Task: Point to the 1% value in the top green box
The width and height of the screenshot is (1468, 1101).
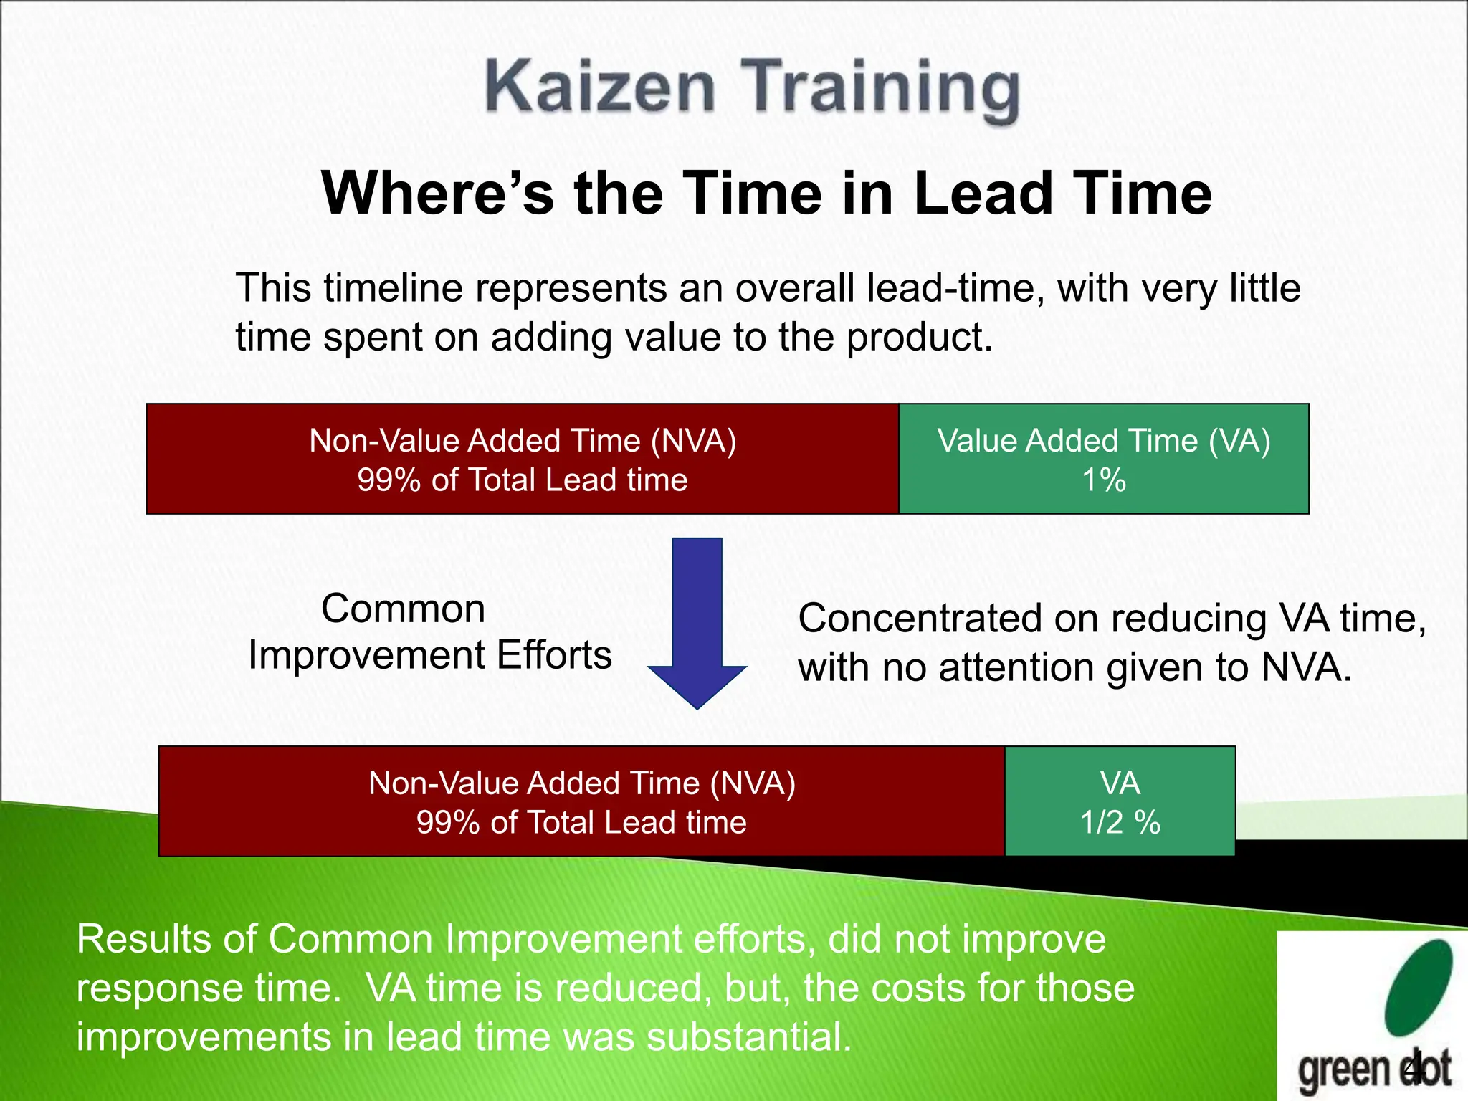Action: pos(1104,480)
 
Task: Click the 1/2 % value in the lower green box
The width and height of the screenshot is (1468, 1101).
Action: pos(1120,822)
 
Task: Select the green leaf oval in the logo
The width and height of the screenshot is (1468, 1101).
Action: pos(1419,987)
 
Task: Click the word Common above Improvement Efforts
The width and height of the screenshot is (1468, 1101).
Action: pos(403,609)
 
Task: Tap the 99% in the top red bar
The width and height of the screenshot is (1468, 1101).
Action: pos(388,480)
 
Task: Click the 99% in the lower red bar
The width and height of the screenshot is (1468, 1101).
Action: pos(447,822)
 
